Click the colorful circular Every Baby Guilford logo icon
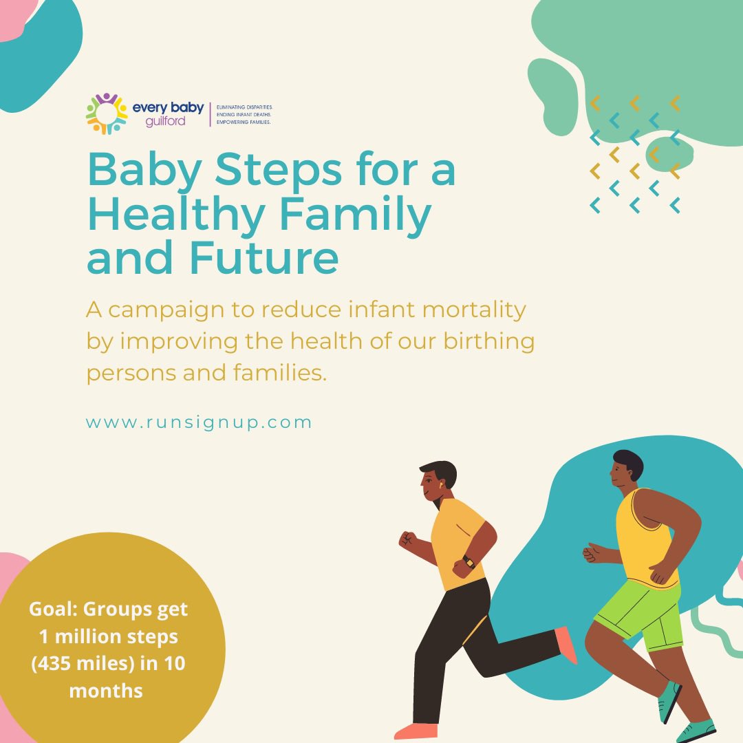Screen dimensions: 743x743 (x=107, y=114)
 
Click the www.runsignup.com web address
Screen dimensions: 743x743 (x=199, y=422)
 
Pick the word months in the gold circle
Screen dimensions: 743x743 (x=106, y=691)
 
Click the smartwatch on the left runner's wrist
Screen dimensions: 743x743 (x=469, y=561)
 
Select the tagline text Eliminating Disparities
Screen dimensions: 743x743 (x=244, y=107)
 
